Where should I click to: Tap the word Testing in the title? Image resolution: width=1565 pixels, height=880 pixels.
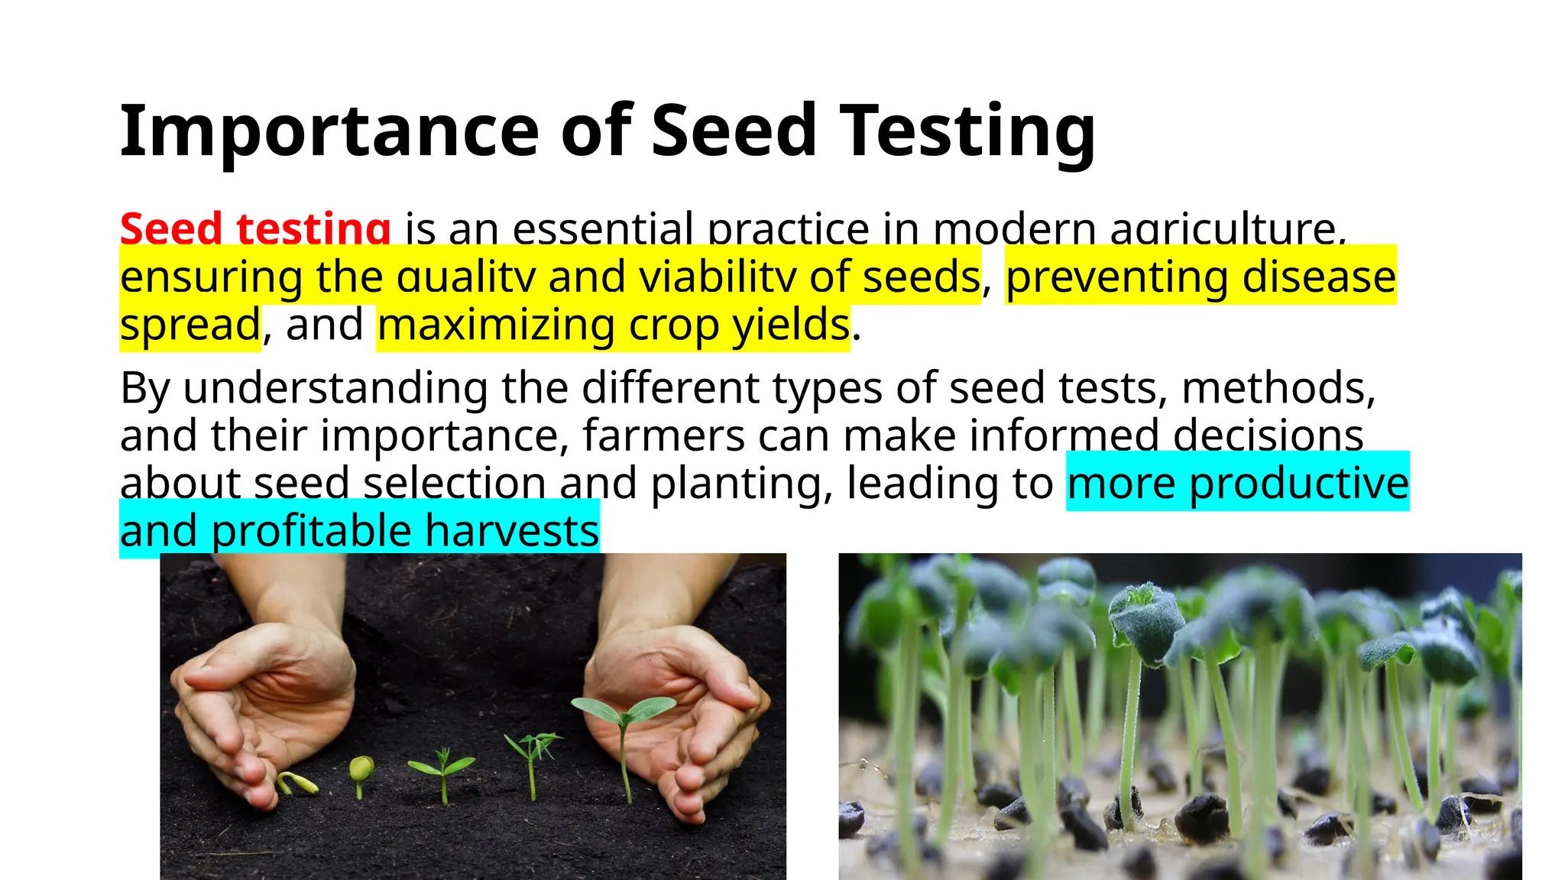pos(967,131)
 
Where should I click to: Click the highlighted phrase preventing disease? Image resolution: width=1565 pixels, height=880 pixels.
pos(1200,277)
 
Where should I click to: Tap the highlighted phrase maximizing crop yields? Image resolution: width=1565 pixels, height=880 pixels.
pos(613,325)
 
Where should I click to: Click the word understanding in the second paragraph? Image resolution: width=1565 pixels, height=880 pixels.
pos(335,388)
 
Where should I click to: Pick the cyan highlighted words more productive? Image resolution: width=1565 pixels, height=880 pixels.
pos(1237,483)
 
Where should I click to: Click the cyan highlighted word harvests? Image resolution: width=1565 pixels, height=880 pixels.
pos(511,531)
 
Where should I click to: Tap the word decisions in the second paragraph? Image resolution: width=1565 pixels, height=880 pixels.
pos(1268,435)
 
